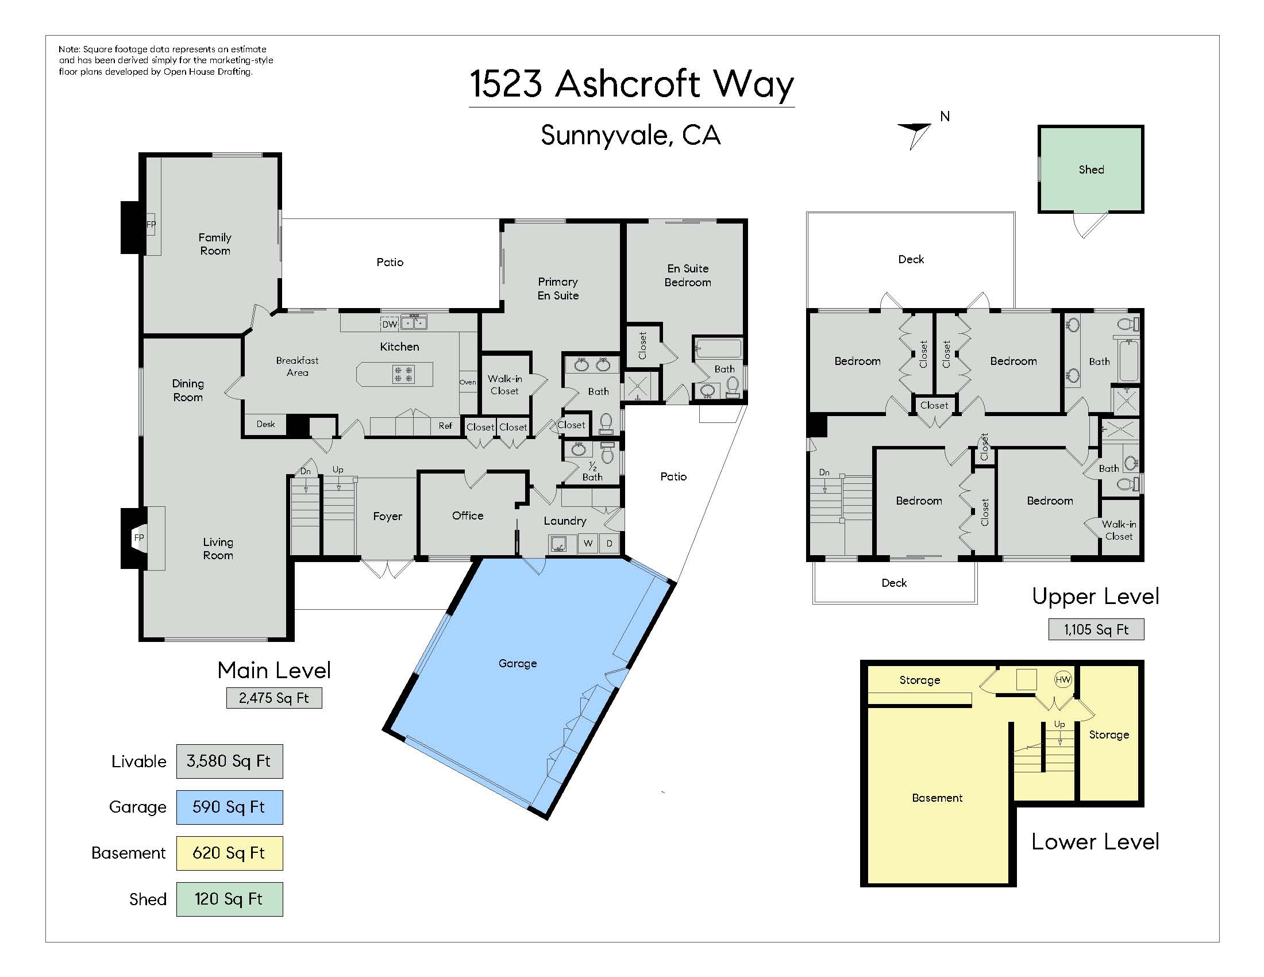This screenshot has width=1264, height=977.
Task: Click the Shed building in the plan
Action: coord(1091,169)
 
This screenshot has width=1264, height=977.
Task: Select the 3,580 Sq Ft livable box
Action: coord(229,761)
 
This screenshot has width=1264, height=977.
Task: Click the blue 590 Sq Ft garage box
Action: coord(229,807)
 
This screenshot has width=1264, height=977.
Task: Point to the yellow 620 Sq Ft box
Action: coord(229,853)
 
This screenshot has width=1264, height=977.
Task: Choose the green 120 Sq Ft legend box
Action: coord(229,899)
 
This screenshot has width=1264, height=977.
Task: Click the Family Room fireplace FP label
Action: coord(151,225)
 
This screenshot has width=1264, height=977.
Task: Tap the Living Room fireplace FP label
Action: coord(139,538)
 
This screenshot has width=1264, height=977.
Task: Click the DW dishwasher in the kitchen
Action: coord(390,324)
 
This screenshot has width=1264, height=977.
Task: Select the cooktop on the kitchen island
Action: coord(403,374)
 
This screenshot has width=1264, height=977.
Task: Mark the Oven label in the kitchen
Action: coord(468,382)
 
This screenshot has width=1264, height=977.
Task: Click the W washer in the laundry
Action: coord(588,543)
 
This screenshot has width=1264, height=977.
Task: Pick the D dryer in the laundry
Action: coord(609,543)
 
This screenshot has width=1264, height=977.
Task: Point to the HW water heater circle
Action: coord(1063,679)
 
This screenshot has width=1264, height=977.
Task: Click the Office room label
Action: coord(468,516)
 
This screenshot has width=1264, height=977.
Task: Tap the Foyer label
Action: coord(387,516)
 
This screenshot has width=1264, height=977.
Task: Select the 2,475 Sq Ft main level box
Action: coord(273,698)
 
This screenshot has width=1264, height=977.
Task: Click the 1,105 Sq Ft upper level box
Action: coord(1096,629)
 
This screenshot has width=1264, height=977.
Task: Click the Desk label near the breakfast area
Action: coord(265,424)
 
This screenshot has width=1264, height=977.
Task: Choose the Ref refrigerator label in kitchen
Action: coord(445,425)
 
